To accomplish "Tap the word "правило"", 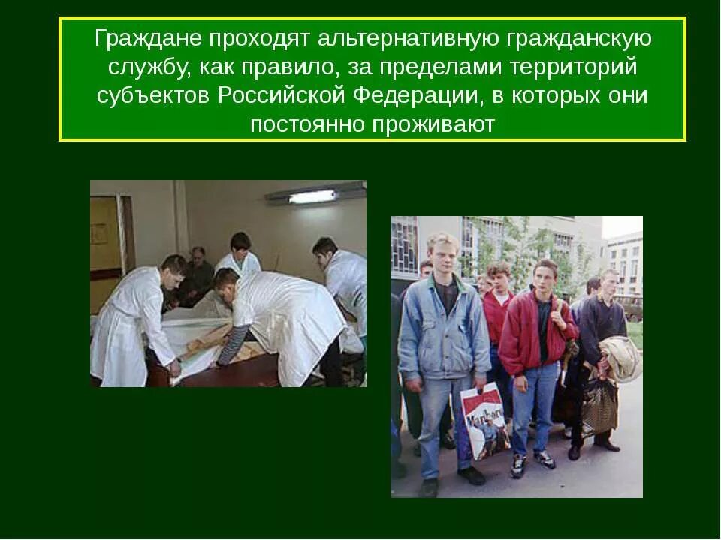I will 282,67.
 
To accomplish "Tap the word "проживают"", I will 434,124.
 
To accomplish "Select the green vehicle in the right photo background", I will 634,308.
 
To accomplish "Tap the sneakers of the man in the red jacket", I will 529,462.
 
